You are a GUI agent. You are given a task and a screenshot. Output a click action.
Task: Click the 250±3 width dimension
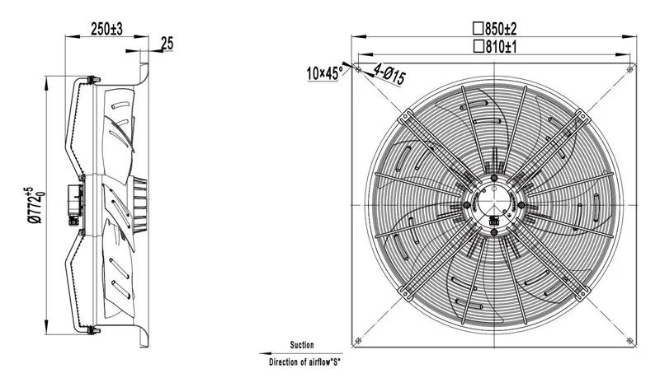[106, 30]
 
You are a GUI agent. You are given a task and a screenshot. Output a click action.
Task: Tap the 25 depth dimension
[167, 44]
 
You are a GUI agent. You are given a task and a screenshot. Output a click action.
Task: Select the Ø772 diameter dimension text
[35, 205]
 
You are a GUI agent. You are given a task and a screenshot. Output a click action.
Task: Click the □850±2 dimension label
[494, 29]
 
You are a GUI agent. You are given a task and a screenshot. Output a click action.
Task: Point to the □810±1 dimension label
[495, 47]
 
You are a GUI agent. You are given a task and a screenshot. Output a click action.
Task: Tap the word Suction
[302, 345]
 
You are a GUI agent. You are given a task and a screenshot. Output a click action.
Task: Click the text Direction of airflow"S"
[304, 362]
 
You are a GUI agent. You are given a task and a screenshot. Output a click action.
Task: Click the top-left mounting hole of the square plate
[358, 69]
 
